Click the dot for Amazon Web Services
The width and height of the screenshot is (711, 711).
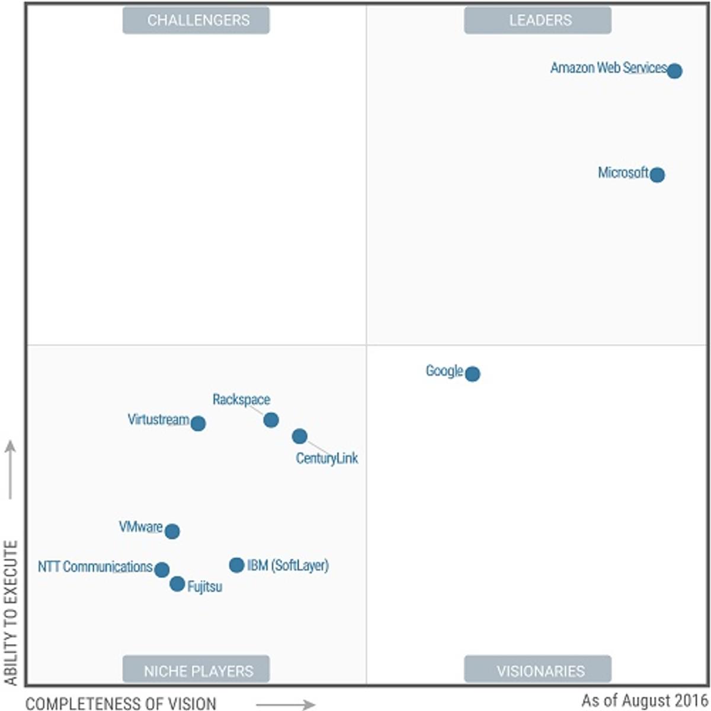(674, 71)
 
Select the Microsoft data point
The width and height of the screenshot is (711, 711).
(656, 175)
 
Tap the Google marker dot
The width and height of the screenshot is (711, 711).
(472, 374)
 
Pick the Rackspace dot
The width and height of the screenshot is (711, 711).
(271, 420)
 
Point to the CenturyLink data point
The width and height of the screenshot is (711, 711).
(300, 437)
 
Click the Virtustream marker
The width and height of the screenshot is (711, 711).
(198, 424)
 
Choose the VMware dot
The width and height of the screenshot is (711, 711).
(172, 531)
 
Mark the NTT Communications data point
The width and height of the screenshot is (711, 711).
(162, 570)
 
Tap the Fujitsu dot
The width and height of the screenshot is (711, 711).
(177, 584)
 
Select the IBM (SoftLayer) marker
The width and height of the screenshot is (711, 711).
(236, 565)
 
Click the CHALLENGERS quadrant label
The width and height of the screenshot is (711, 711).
(196, 20)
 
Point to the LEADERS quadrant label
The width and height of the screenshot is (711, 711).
(537, 20)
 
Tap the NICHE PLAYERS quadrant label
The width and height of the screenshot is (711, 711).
(196, 671)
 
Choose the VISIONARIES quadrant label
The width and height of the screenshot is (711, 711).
(537, 671)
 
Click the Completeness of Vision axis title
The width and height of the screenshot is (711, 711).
(121, 703)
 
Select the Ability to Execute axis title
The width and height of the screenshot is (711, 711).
(11, 613)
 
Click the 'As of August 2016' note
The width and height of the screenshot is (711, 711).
(645, 700)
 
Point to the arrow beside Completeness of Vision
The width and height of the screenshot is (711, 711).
(285, 704)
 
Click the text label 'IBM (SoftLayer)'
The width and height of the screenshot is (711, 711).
(288, 566)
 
